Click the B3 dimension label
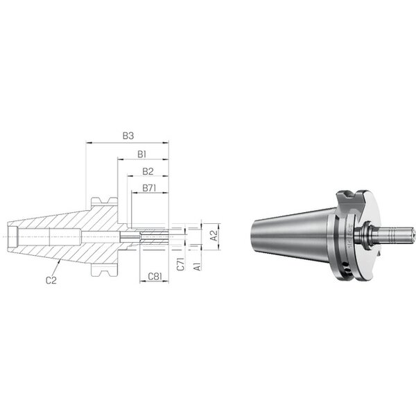point(128,136)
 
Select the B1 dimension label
point(142,154)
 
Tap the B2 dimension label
point(148,171)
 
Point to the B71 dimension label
point(149,188)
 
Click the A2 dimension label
point(214,235)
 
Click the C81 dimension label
point(155,277)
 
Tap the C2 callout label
point(51,280)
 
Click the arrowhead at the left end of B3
point(88,143)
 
